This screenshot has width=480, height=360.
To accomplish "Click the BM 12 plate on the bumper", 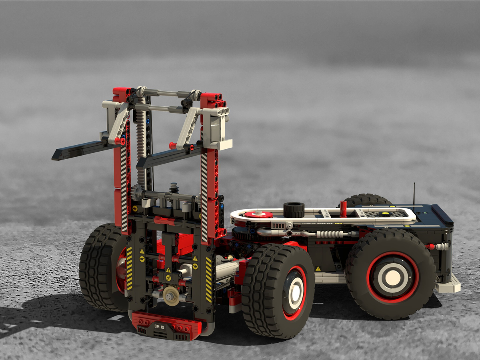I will point(159,326).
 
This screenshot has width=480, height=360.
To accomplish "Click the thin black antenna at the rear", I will point(414,194).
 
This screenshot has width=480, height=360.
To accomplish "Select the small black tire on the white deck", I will point(294,210).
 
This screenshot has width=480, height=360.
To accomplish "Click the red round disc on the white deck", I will point(258,215).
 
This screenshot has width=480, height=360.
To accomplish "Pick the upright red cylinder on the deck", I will point(343,209).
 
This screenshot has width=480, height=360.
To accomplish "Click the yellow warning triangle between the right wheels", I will point(317,269).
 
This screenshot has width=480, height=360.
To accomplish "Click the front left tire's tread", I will point(96,268).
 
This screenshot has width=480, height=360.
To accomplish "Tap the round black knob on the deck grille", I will point(385,214).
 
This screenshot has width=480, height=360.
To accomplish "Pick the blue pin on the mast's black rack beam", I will point(148,120).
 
